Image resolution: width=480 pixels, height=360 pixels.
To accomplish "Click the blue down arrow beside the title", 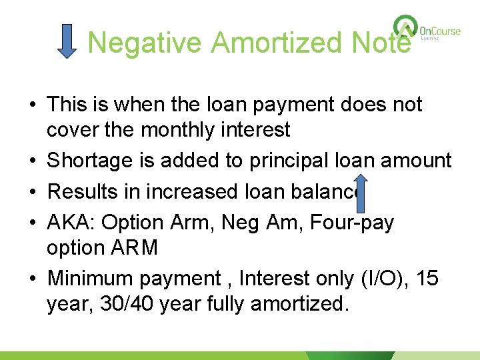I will coord(67,41).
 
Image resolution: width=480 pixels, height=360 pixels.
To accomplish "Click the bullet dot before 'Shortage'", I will coord(31,161).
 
